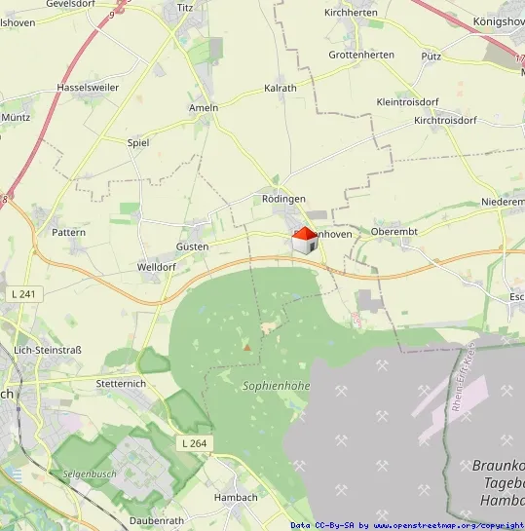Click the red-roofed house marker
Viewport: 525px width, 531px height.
(305, 240)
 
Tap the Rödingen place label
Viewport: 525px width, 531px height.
(283, 198)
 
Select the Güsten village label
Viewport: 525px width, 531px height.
(192, 247)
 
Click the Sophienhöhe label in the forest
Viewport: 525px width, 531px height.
(276, 386)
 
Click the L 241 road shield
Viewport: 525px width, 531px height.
(25, 293)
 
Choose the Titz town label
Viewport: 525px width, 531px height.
(186, 8)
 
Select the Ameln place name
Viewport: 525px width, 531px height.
(204, 107)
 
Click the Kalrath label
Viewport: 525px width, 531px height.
(281, 88)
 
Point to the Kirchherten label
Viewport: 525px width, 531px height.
(351, 13)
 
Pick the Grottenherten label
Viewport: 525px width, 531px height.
(361, 55)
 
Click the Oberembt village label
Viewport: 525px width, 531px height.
(394, 232)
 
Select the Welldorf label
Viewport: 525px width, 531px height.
(157, 266)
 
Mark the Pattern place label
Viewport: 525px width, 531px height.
(68, 233)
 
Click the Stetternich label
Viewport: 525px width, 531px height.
(121, 384)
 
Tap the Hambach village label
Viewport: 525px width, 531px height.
(235, 497)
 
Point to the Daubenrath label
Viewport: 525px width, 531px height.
(156, 521)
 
